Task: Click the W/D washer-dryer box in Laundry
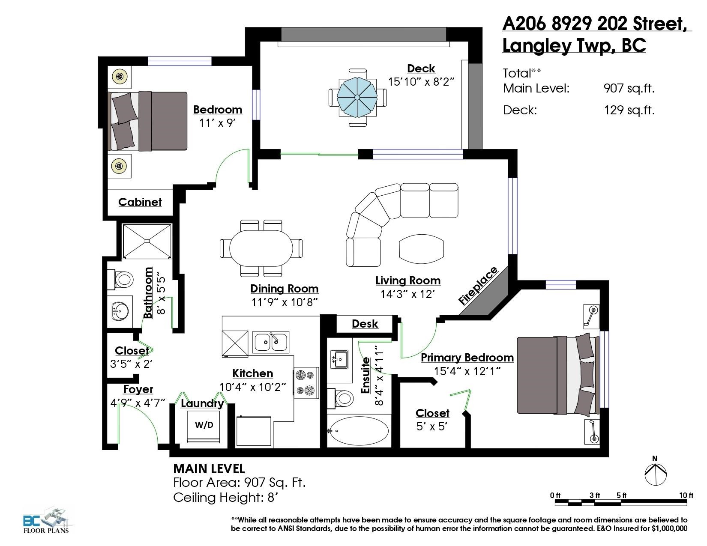point(204,427)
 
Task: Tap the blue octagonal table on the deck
point(357,97)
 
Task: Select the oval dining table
point(261,248)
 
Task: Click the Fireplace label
point(478,286)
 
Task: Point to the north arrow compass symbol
point(655,474)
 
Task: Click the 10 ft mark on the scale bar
point(686,495)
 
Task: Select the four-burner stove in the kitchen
point(306,382)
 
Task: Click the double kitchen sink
point(271,342)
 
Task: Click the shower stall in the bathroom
point(147,241)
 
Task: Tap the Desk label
point(365,324)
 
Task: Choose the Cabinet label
point(140,202)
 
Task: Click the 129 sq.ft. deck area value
point(629,110)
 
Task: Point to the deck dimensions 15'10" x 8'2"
point(421,81)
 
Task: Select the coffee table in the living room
point(421,249)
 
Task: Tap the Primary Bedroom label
point(467,358)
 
